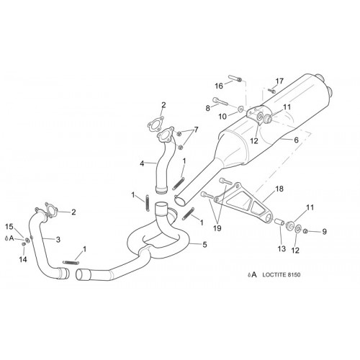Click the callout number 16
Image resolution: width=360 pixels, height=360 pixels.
219,86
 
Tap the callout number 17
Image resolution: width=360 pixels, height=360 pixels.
279,81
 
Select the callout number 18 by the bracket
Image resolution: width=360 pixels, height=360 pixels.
279,189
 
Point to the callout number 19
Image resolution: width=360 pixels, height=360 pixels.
217,228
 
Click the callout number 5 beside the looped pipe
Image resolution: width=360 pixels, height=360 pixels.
204,245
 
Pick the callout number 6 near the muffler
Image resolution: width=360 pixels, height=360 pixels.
296,140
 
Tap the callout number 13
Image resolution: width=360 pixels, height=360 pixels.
282,248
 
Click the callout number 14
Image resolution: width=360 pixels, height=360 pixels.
23,259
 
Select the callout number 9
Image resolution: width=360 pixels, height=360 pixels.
324,232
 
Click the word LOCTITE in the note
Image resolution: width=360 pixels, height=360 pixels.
274,274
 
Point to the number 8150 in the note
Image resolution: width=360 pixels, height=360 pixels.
293,274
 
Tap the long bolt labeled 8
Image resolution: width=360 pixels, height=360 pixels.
220,101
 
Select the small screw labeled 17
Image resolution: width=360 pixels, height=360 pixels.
271,91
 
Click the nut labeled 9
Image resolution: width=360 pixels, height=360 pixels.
306,231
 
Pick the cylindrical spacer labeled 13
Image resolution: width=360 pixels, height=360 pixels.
279,221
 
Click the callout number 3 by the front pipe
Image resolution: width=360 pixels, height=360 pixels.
58,239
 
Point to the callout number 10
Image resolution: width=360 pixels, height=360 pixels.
222,117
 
